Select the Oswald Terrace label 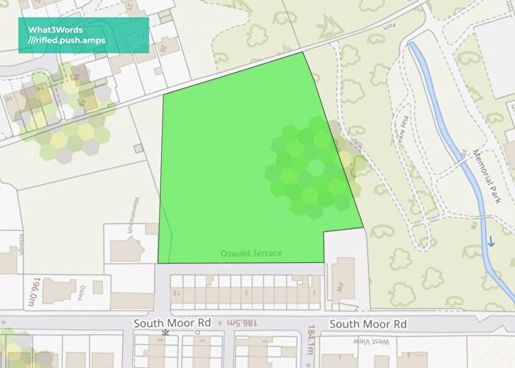(251, 254)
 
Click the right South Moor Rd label (368, 323)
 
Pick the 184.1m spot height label (312, 338)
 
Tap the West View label (380, 342)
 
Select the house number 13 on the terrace (177, 293)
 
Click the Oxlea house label (84, 289)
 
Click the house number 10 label (8, 97)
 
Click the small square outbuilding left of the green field (138, 149)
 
